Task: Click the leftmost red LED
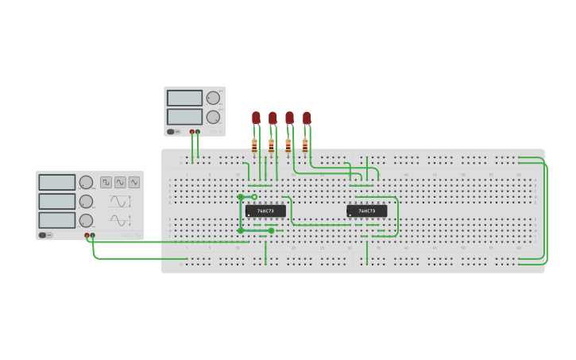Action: tap(256, 118)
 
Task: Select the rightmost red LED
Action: tap(307, 118)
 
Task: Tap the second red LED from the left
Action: tap(273, 118)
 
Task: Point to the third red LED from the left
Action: tap(289, 118)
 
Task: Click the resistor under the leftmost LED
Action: tap(254, 145)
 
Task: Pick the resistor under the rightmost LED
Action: tap(305, 145)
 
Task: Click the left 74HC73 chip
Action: tap(265, 211)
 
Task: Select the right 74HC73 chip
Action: tap(367, 211)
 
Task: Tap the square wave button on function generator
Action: tap(106, 182)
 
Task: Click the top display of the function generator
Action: tap(57, 183)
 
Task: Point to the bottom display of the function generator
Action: tap(57, 220)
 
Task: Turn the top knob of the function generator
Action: tap(86, 183)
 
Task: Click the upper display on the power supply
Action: tap(185, 99)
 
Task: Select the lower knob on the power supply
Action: tap(213, 117)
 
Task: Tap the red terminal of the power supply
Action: tap(192, 132)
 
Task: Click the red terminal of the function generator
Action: tap(87, 235)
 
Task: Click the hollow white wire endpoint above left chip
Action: tap(254, 196)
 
